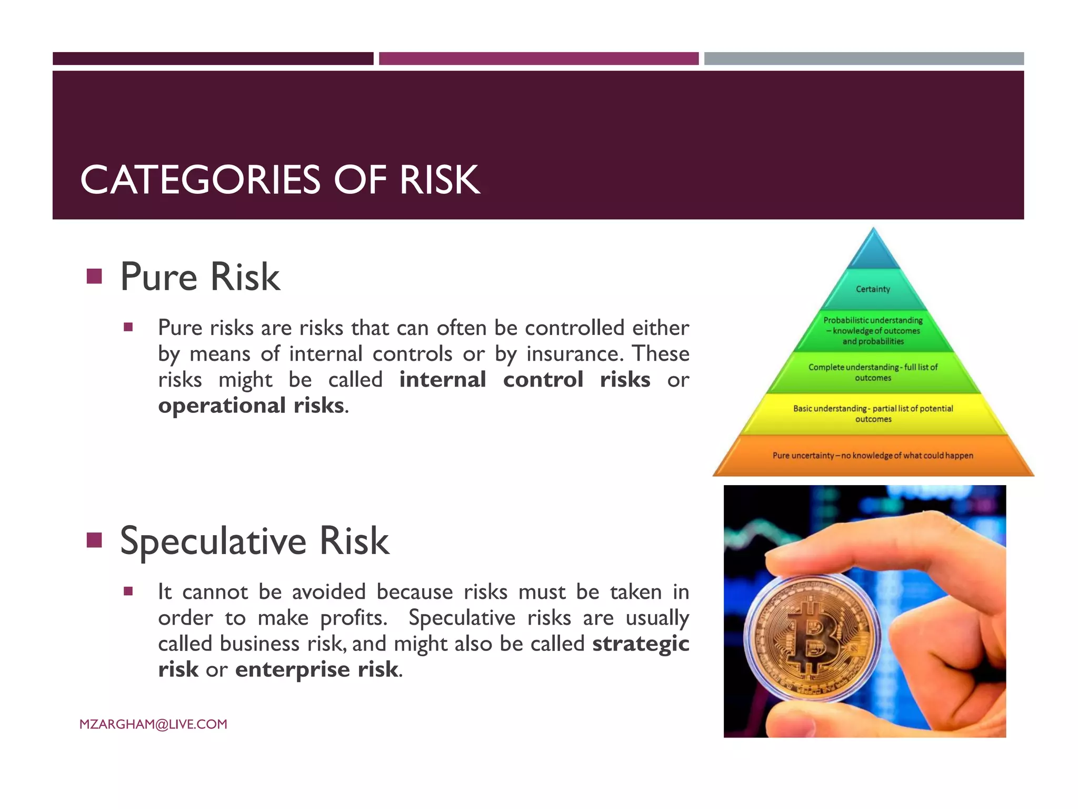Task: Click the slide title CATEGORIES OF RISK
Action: (280, 180)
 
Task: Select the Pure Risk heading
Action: (200, 277)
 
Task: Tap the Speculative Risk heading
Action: (254, 541)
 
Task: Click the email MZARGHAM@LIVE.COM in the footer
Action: (153, 724)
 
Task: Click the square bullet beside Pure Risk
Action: (94, 276)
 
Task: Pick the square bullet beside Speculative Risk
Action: (94, 540)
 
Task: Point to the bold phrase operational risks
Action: (252, 406)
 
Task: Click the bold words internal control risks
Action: (524, 380)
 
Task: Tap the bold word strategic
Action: (640, 644)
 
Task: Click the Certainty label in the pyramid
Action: (873, 289)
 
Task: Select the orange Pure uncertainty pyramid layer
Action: (873, 456)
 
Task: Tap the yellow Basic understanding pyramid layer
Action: (873, 414)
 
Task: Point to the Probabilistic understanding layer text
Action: (873, 331)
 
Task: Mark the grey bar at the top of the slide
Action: (863, 58)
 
